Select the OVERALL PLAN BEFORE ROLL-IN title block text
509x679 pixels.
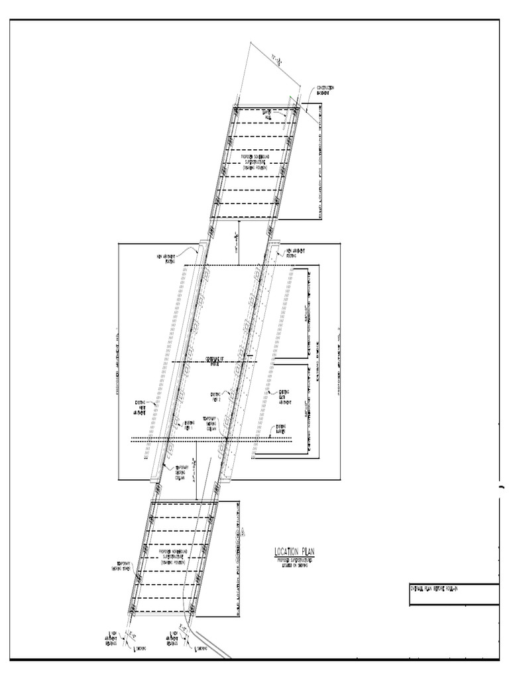438,589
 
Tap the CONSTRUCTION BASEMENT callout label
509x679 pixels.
325,90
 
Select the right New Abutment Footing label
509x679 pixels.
295,253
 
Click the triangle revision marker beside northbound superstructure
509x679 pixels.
244,531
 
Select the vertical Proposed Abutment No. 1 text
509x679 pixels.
117,361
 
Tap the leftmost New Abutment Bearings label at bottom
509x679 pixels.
115,637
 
